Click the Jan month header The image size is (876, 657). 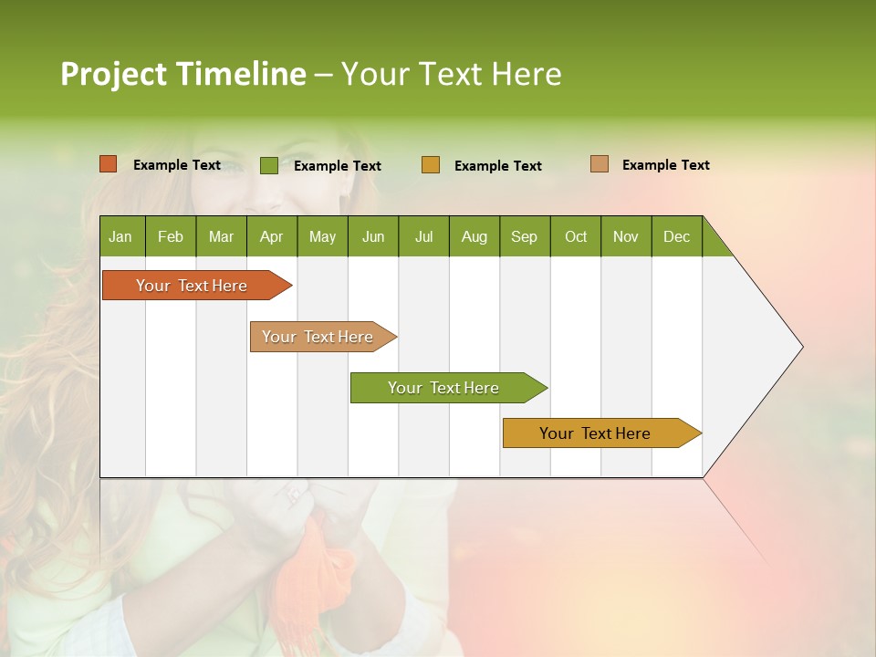click(121, 236)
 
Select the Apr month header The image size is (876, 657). click(272, 236)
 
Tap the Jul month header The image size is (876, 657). click(423, 236)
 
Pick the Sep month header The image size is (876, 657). click(525, 236)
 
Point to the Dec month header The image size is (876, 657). click(677, 236)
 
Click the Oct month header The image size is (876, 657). click(576, 236)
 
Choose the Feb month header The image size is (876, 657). click(171, 236)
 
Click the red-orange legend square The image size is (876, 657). click(108, 164)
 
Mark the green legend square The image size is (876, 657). click(268, 165)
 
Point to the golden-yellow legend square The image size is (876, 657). click(431, 165)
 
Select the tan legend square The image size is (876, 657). click(599, 164)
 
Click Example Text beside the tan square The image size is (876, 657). click(665, 165)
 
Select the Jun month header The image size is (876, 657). click(373, 236)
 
